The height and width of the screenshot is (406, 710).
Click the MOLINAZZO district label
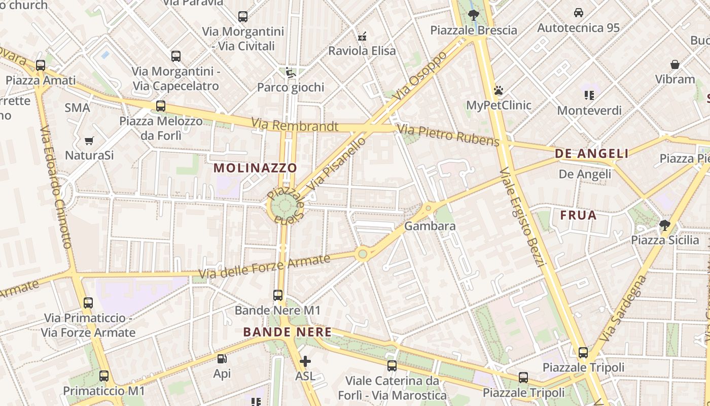(x=255, y=167)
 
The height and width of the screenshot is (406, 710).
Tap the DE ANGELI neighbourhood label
(x=591, y=154)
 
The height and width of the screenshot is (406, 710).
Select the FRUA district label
(x=578, y=215)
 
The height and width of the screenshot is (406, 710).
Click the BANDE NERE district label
(x=287, y=332)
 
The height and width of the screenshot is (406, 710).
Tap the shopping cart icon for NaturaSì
(x=89, y=141)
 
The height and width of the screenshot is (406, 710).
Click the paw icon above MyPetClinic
(x=499, y=91)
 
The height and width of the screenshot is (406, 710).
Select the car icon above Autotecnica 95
(x=578, y=13)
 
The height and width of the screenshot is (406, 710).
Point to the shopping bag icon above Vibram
(x=674, y=64)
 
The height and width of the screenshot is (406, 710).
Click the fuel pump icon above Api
(x=222, y=359)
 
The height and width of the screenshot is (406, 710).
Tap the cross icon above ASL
(x=305, y=361)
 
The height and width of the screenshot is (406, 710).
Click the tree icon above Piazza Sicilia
(x=665, y=225)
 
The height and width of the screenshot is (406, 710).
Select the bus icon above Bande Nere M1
(x=277, y=295)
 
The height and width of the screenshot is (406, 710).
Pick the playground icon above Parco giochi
(x=290, y=73)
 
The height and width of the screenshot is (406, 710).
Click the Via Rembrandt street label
(x=294, y=125)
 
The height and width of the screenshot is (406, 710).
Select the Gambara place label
(x=430, y=226)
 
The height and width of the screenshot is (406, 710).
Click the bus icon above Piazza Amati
(x=41, y=65)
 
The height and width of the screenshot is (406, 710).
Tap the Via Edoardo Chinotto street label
(x=55, y=188)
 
